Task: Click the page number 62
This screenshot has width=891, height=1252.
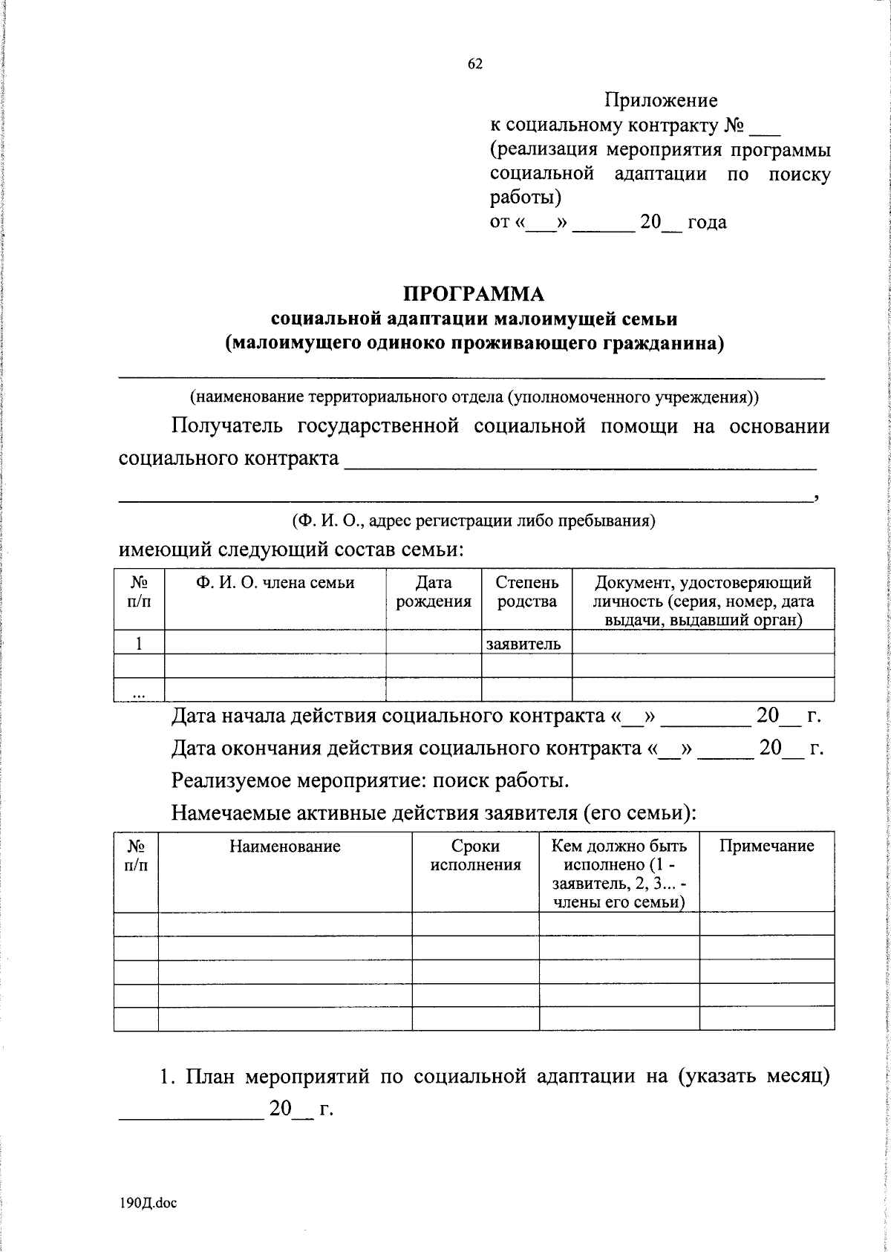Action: click(x=475, y=65)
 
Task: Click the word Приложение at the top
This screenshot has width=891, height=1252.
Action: click(x=660, y=100)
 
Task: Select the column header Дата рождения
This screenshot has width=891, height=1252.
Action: click(x=434, y=592)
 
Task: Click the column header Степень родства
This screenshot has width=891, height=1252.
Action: click(x=526, y=592)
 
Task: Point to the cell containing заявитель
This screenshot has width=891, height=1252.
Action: click(x=523, y=643)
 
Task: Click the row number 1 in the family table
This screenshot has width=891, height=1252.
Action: click(x=139, y=643)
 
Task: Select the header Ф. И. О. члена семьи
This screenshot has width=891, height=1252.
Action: click(x=275, y=583)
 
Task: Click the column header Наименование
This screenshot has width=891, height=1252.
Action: click(x=284, y=847)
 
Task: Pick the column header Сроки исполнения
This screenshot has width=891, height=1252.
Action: click(x=475, y=855)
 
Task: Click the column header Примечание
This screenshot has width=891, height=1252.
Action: click(x=766, y=847)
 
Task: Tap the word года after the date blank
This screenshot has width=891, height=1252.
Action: click(x=706, y=222)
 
